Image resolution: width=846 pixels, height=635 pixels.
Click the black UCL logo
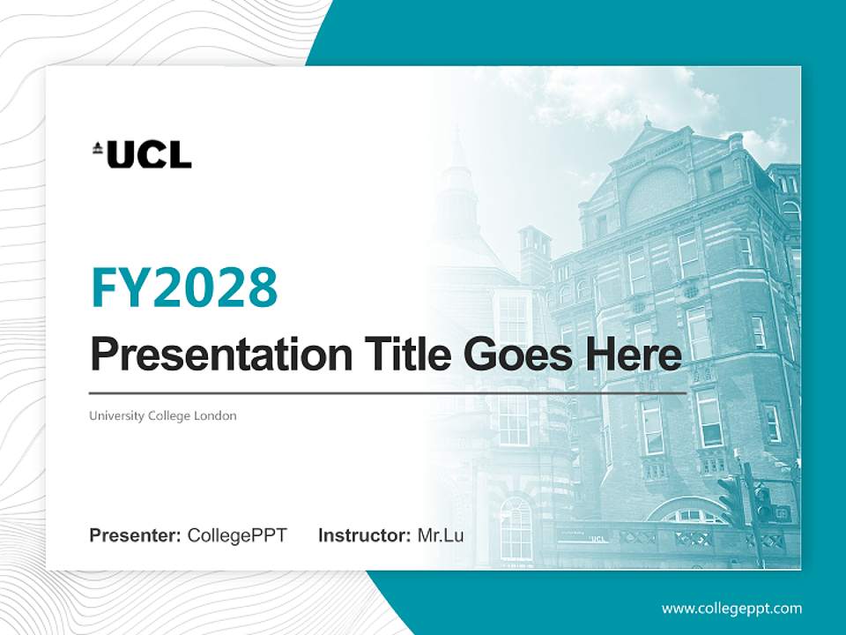pos(142,154)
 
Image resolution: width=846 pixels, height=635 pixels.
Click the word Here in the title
pos(632,355)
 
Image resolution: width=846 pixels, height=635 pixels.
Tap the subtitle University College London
pos(163,415)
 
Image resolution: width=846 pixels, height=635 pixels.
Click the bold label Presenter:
pos(136,535)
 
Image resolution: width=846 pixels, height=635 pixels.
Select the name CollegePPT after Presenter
pos(237,535)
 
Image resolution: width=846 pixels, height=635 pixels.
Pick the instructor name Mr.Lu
pos(441,535)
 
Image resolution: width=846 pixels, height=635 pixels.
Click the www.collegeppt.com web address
pos(731,609)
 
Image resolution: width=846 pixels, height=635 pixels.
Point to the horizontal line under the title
pos(388,393)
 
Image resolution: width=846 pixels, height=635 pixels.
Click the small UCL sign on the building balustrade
pos(598,538)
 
